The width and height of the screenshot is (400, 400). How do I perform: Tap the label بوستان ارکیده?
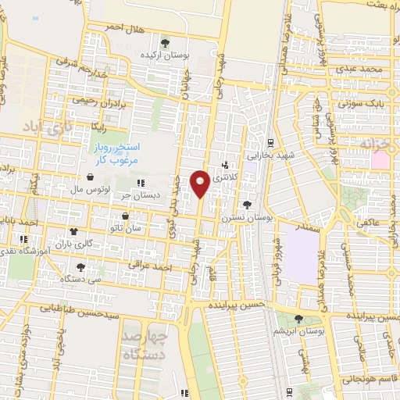point(165,55)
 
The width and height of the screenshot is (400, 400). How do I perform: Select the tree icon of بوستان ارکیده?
point(164,42)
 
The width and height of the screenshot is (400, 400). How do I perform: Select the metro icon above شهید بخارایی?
point(270,142)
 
